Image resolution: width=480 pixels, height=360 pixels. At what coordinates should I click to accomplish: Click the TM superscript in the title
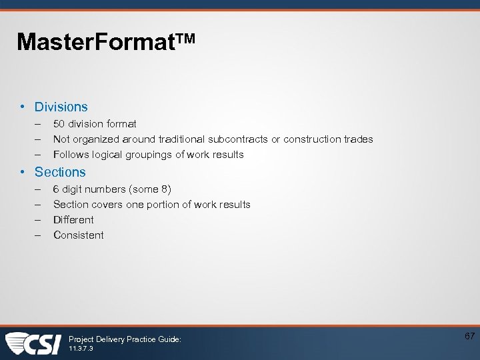186,39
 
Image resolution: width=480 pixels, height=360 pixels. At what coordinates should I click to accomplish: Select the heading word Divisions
61,107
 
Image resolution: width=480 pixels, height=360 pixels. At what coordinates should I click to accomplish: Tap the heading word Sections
60,172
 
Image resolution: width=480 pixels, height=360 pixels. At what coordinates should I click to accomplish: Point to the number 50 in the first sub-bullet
59,123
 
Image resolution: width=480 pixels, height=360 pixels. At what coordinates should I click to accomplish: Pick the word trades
358,139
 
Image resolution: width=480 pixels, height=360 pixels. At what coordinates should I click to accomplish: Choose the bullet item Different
73,220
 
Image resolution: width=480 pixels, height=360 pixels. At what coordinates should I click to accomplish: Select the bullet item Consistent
78,235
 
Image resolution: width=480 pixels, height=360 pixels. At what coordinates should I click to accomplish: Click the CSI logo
33,343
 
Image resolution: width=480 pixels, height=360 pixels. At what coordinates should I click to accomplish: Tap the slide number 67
469,336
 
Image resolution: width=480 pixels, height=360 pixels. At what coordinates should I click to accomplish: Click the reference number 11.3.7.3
81,349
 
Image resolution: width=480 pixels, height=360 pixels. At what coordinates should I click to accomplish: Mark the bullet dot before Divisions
23,107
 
